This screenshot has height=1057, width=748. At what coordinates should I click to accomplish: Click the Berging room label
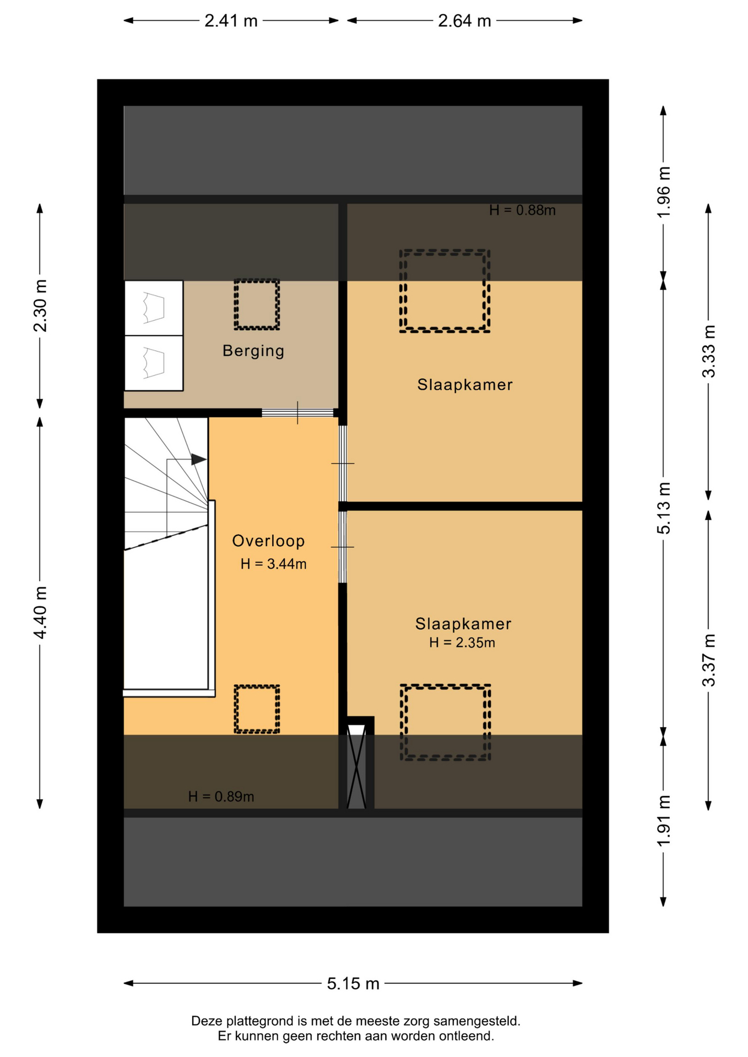pyautogui.click(x=253, y=351)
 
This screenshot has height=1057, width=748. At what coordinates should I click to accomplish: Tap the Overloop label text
pyautogui.click(x=268, y=541)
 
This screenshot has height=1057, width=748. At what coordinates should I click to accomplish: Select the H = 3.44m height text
pyautogui.click(x=273, y=564)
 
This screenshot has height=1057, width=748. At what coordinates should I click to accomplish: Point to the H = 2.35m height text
pyautogui.click(x=462, y=642)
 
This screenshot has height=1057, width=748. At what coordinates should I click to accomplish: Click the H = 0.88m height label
pyautogui.click(x=522, y=210)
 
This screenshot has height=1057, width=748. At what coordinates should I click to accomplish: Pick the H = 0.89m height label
pyautogui.click(x=221, y=797)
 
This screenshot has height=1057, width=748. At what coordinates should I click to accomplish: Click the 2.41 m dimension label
pyautogui.click(x=231, y=21)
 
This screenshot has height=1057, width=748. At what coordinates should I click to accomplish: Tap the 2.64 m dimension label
pyautogui.click(x=464, y=21)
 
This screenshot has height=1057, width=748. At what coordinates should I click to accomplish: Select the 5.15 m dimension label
pyautogui.click(x=353, y=983)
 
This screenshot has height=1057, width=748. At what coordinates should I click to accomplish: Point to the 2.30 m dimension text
pyautogui.click(x=40, y=306)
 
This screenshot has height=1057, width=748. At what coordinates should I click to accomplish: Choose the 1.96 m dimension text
pyautogui.click(x=664, y=192)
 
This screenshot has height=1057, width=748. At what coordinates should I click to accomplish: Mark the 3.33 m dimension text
pyautogui.click(x=709, y=351)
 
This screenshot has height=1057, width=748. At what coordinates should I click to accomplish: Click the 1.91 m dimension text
pyautogui.click(x=664, y=821)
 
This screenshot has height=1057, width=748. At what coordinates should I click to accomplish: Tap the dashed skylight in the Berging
pyautogui.click(x=257, y=304)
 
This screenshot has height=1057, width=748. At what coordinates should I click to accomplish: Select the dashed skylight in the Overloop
pyautogui.click(x=257, y=709)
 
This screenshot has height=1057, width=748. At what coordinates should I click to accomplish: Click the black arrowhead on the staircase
pyautogui.click(x=199, y=459)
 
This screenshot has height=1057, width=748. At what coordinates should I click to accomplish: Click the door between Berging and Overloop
pyautogui.click(x=297, y=413)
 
